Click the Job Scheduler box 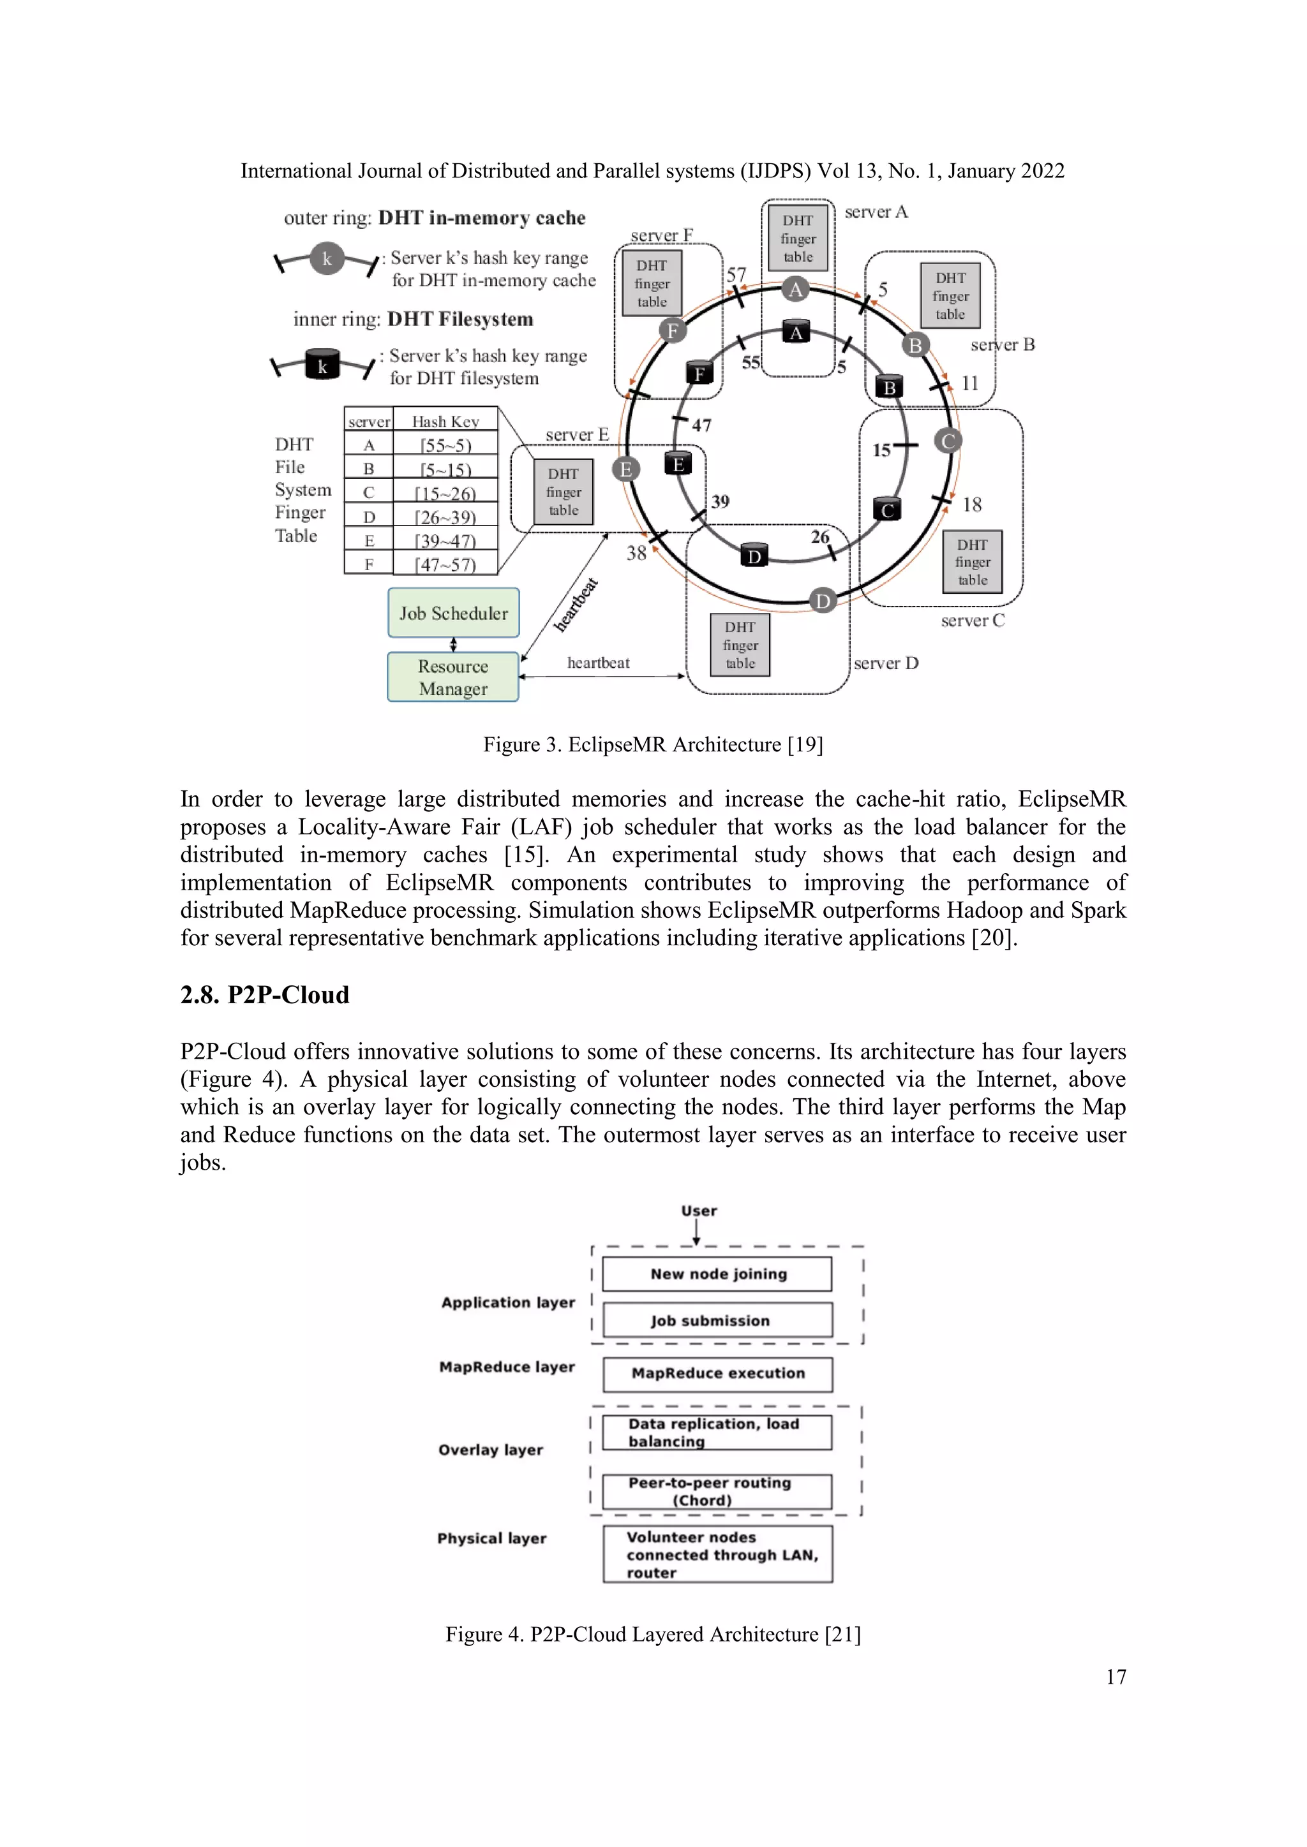(x=453, y=613)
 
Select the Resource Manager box (x=452, y=677)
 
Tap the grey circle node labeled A (x=795, y=290)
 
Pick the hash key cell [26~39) (x=445, y=517)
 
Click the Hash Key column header (x=445, y=421)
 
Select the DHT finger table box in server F (x=651, y=283)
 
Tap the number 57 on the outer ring (x=736, y=274)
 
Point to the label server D (x=885, y=663)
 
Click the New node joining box (x=717, y=1274)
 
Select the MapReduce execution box (x=717, y=1373)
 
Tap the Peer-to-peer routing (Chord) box (x=717, y=1490)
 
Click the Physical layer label (x=492, y=1538)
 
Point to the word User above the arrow (x=699, y=1210)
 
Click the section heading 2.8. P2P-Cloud (x=265, y=995)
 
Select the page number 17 (x=1116, y=1677)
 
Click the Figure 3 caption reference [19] (x=805, y=744)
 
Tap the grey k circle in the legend (x=327, y=258)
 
